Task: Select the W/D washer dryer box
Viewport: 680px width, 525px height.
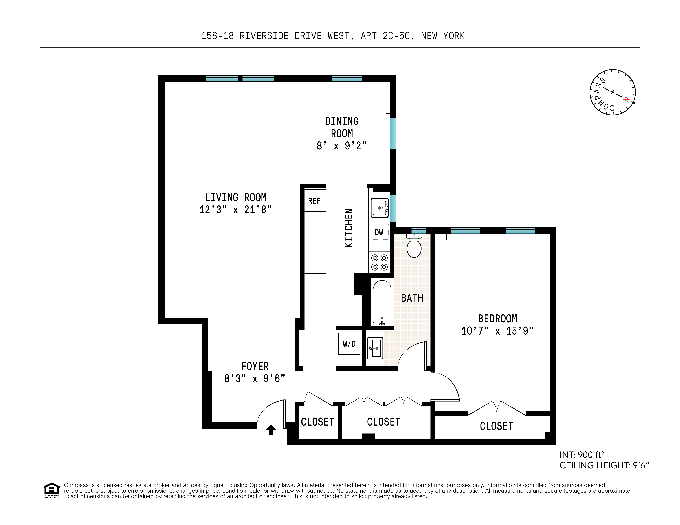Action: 349,344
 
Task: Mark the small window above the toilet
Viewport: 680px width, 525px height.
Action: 418,230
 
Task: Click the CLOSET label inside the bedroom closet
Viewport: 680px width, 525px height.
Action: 496,426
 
